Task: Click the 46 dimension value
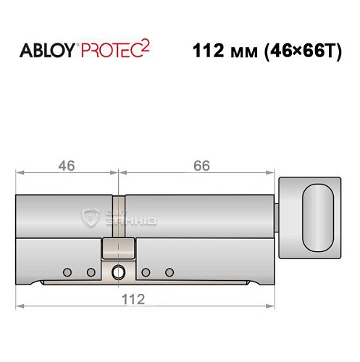coord(67,166)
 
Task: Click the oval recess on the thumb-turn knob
coord(317,216)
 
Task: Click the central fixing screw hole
coord(118,272)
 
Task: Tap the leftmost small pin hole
coord(67,272)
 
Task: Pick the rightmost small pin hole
coord(169,272)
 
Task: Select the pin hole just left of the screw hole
coord(91,272)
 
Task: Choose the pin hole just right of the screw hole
coord(146,272)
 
